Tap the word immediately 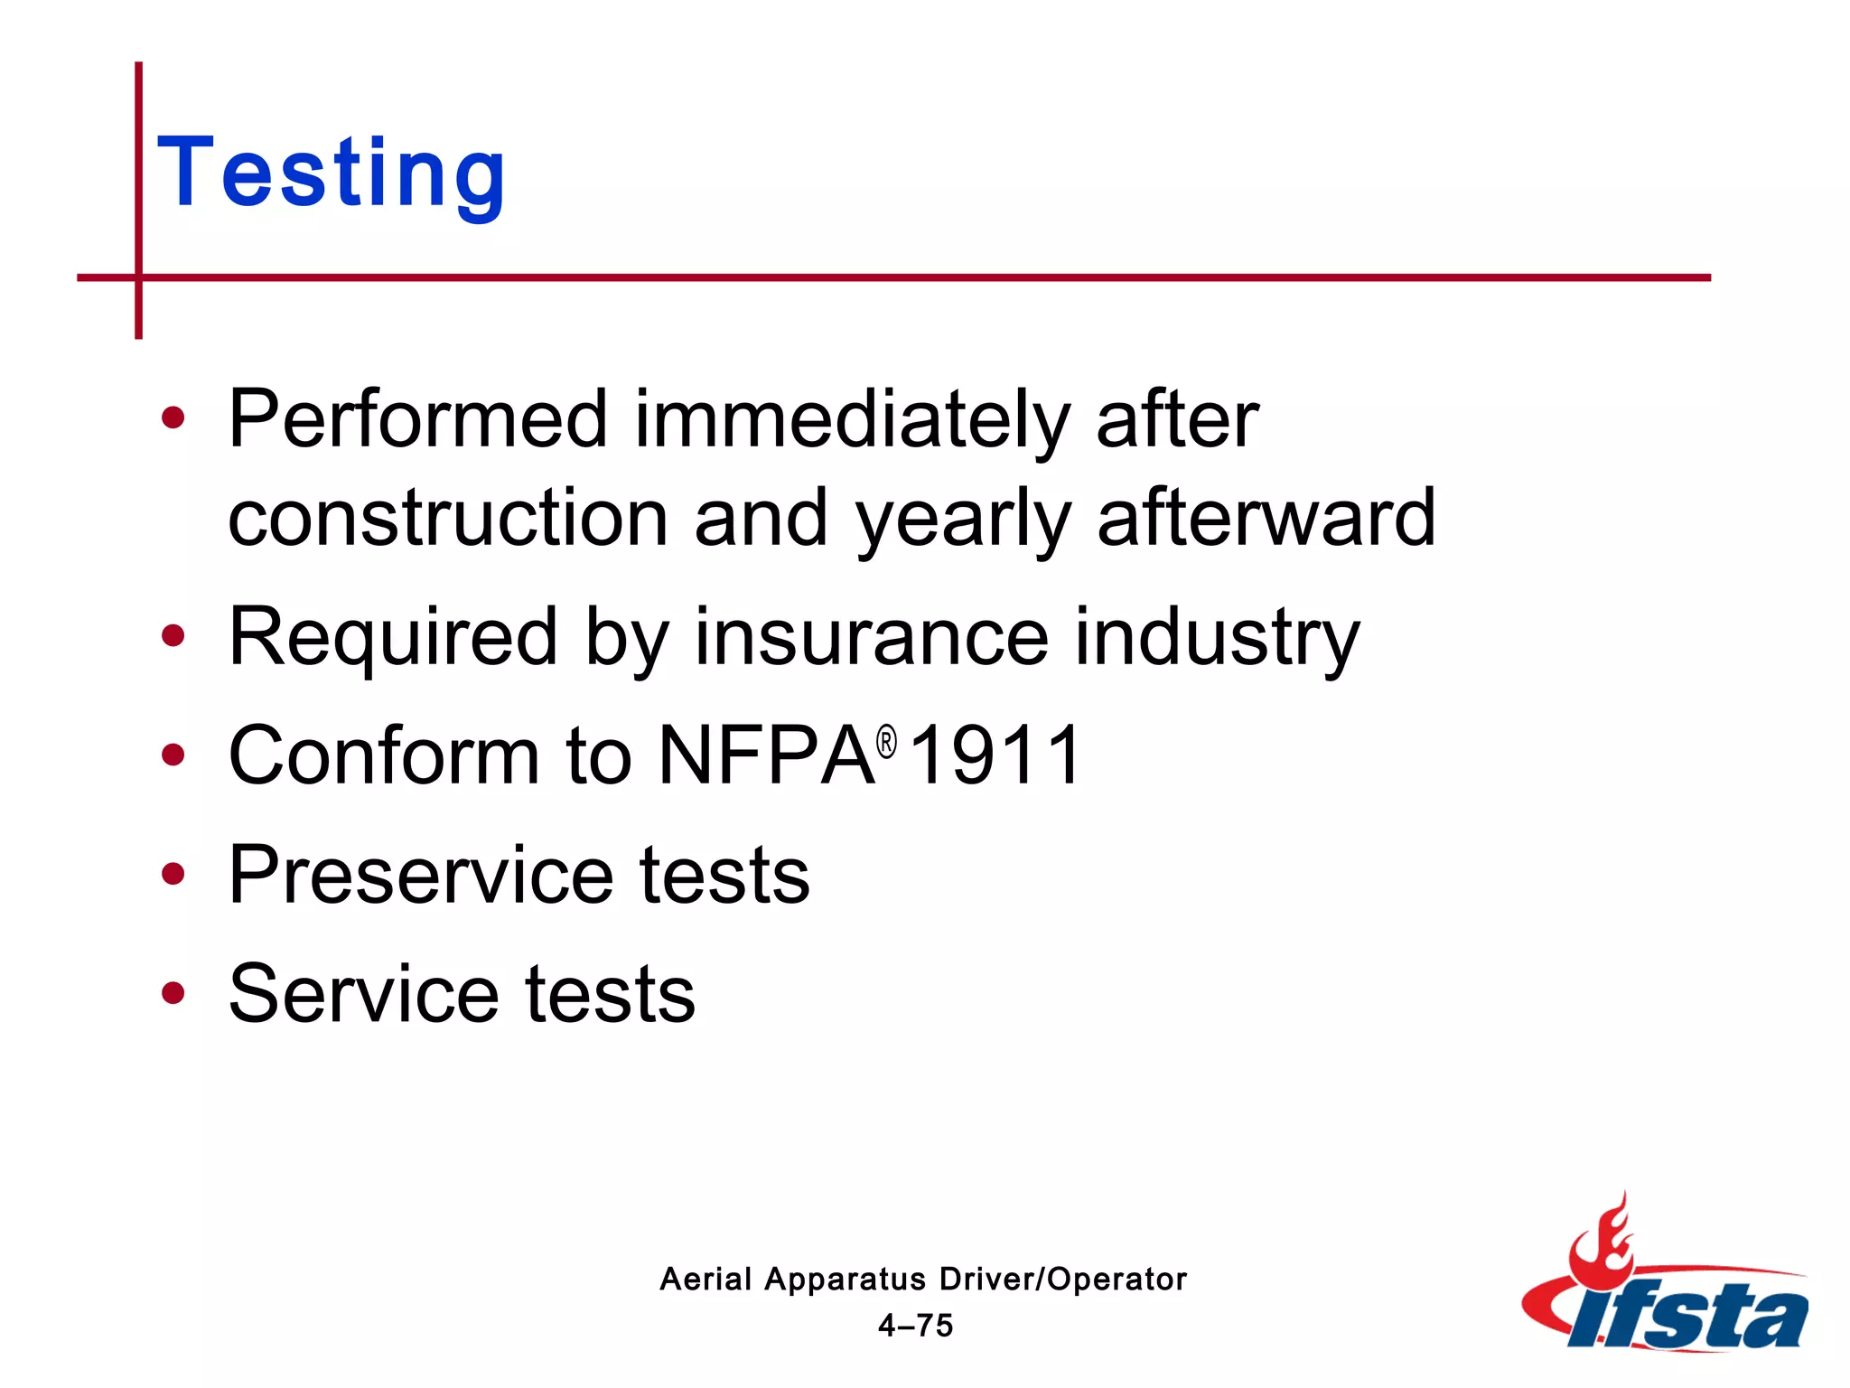click(851, 420)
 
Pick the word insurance click(871, 637)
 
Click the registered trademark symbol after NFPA click(887, 743)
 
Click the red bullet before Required click(173, 636)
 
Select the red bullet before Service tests click(173, 993)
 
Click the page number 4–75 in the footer click(915, 1326)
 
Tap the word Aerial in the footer click(705, 1280)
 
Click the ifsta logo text click(1689, 1316)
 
